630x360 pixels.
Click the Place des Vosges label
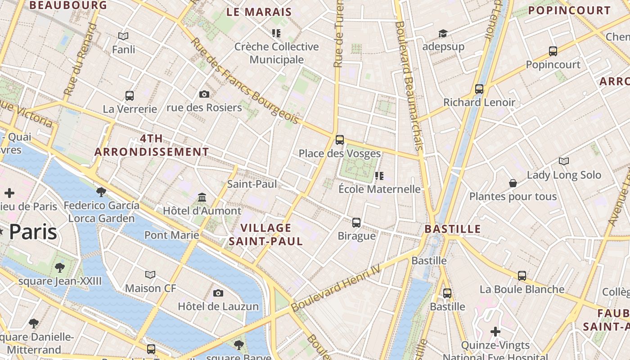[340, 153]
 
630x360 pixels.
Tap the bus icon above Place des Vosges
[340, 139]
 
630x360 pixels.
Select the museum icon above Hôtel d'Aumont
[202, 197]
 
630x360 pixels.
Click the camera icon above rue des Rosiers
[204, 94]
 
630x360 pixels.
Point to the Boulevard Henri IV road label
[336, 288]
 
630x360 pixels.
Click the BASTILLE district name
[453, 229]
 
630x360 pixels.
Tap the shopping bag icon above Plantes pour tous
[513, 183]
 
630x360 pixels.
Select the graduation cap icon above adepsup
[443, 33]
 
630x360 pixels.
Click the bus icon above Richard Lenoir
[479, 89]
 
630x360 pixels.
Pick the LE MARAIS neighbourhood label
[259, 12]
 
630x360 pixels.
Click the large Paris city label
[33, 232]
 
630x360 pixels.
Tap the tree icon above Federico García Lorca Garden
[101, 192]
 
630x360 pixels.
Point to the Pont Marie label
[171, 235]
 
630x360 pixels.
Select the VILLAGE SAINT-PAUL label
[265, 234]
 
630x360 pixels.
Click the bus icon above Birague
[356, 222]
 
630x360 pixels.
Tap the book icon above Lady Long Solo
[563, 161]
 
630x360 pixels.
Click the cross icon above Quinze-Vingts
[495, 332]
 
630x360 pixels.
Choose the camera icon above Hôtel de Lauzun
[218, 293]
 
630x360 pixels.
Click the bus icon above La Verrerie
[130, 95]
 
